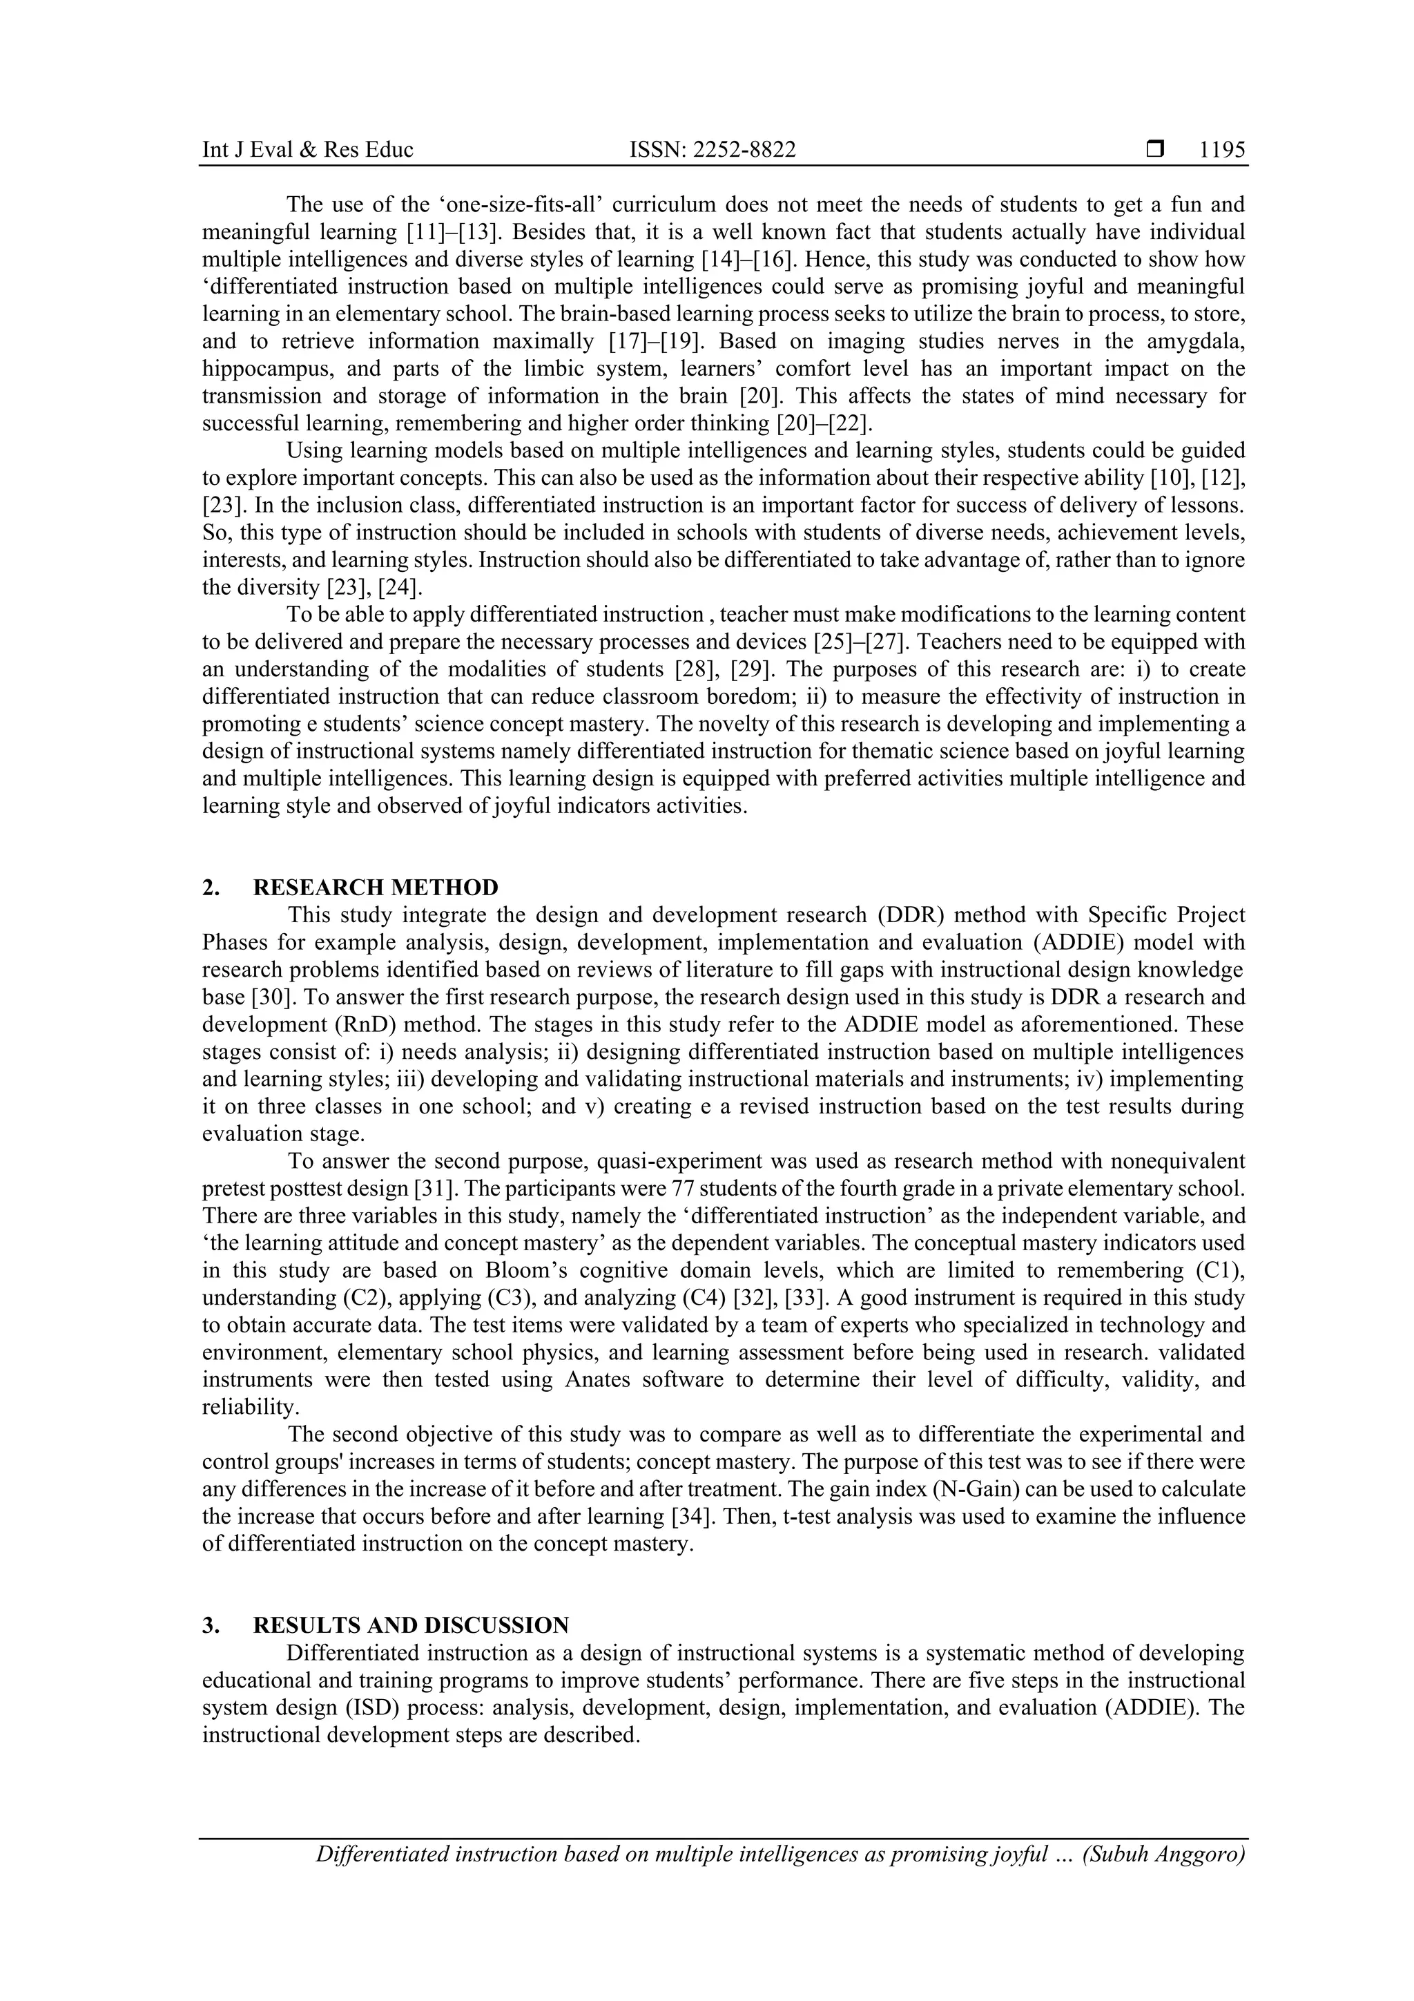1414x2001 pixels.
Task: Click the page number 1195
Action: point(1221,150)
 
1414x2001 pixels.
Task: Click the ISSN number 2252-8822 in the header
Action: point(712,150)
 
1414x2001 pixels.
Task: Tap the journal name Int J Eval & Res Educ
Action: point(307,150)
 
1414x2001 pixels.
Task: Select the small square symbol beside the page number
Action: point(1155,150)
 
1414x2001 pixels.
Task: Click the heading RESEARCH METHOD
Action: point(376,887)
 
